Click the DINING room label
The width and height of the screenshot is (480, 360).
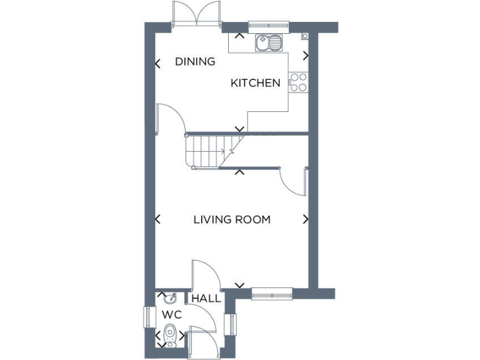click(x=195, y=61)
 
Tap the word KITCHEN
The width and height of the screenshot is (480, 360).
click(x=256, y=83)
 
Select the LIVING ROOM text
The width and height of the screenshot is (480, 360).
click(x=232, y=219)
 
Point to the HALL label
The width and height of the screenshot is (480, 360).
click(x=206, y=299)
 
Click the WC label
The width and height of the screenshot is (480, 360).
click(x=171, y=314)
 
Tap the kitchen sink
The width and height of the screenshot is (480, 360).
click(x=269, y=43)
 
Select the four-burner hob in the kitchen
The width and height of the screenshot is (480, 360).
click(x=298, y=82)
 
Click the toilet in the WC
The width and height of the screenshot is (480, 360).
click(x=169, y=339)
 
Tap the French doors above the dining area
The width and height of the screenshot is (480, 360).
click(x=197, y=14)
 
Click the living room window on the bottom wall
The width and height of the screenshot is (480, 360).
click(x=272, y=293)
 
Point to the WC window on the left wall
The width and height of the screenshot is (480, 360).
click(x=147, y=317)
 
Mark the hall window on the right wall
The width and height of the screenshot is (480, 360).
click(x=234, y=324)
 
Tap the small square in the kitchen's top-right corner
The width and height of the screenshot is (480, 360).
click(x=304, y=36)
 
